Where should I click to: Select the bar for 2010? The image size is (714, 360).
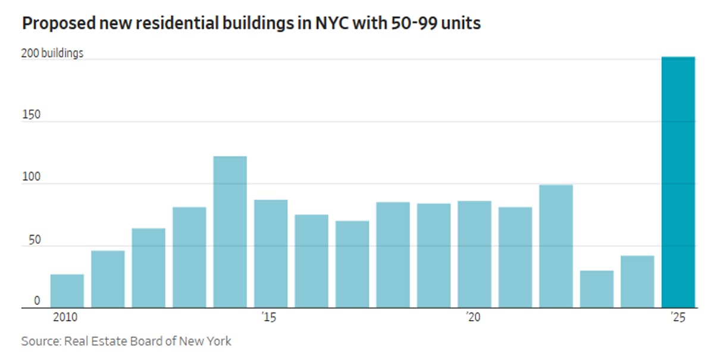coord(67,291)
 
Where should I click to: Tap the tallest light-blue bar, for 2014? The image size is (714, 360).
coord(230,232)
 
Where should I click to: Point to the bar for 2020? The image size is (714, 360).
coord(474,255)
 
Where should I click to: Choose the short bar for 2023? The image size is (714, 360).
coord(597,289)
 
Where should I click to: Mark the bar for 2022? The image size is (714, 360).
coord(556,246)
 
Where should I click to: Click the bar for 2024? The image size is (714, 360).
coord(637,282)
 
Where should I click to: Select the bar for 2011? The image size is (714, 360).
coord(108,279)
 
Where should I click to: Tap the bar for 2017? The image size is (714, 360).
coord(352,264)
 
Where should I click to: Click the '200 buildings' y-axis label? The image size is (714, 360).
coord(52,54)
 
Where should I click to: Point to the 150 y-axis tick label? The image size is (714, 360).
coord(31,115)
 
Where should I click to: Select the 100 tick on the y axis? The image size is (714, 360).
coord(31,177)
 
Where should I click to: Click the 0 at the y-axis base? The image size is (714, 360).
coord(37,301)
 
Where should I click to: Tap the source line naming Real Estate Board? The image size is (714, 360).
coord(126,342)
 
